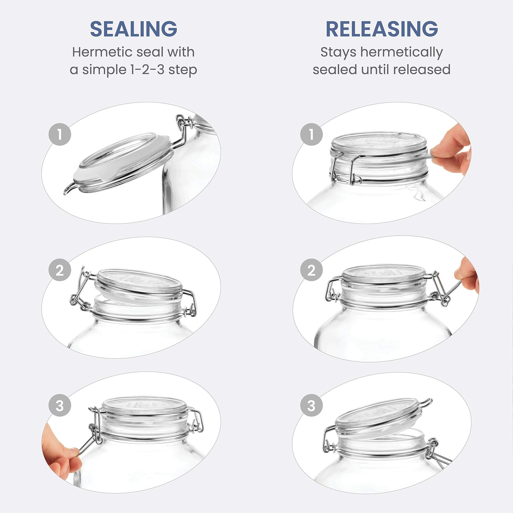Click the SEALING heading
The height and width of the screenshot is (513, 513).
(134, 29)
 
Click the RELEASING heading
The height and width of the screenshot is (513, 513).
(382, 29)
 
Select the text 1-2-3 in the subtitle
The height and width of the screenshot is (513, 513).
(147, 70)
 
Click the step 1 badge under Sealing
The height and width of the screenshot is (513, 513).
(60, 134)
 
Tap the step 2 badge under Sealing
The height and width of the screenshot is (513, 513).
(60, 270)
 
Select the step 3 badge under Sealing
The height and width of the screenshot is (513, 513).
(60, 405)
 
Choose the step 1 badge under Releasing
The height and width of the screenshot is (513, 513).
(312, 134)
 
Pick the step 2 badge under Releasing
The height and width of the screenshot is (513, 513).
(312, 270)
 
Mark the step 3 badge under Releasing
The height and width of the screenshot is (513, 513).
(312, 405)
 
